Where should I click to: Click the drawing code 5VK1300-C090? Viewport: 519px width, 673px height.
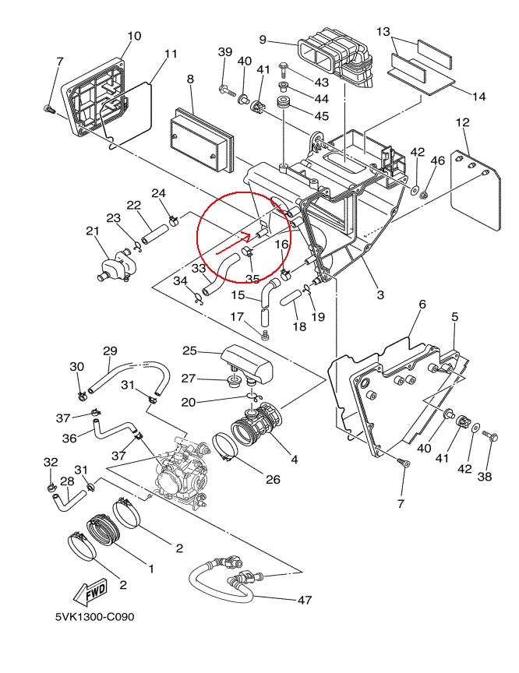click(94, 617)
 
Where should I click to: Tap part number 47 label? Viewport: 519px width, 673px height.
click(303, 600)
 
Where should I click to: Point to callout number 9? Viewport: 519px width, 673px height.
click(263, 40)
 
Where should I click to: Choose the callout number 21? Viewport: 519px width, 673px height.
click(93, 231)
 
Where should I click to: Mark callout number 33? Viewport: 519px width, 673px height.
click(199, 268)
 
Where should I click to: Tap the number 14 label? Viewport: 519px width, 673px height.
click(478, 97)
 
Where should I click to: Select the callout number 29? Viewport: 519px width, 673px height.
click(110, 351)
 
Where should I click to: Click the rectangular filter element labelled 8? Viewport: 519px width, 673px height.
click(200, 137)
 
